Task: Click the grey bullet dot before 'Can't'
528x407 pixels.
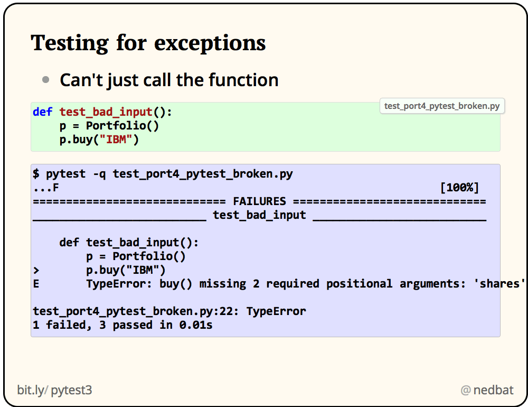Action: [x=46, y=80]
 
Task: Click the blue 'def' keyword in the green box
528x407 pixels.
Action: [x=42, y=112]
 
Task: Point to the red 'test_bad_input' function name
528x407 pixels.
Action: [x=106, y=112]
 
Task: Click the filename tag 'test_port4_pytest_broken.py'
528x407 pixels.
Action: [x=441, y=106]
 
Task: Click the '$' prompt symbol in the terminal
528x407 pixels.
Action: [x=36, y=174]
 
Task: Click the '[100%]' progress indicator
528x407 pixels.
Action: [x=459, y=188]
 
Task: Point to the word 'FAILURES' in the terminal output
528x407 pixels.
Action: [x=259, y=201]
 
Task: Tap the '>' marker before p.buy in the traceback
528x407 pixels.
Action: [x=36, y=270]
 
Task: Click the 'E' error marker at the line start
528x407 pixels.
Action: [x=36, y=284]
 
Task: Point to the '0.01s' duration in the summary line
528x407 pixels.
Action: [x=196, y=325]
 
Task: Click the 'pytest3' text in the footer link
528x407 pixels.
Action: [x=71, y=391]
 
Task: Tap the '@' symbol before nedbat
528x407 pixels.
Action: [x=465, y=391]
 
